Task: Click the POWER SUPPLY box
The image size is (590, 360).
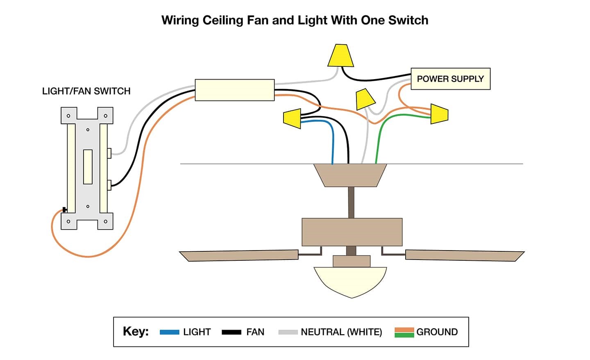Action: (450, 79)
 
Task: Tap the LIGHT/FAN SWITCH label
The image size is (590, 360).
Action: (86, 91)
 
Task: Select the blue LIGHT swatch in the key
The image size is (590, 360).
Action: (169, 332)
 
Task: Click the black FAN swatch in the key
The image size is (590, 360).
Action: (231, 332)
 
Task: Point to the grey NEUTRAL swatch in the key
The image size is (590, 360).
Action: (288, 332)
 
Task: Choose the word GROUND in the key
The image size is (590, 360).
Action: (437, 332)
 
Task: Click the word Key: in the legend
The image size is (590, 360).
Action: (136, 331)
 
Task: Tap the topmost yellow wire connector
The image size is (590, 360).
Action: (340, 56)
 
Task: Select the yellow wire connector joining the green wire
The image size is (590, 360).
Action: (439, 114)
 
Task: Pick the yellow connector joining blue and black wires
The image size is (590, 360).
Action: (292, 118)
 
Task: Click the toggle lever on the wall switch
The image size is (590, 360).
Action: (87, 167)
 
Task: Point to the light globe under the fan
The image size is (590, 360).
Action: (350, 281)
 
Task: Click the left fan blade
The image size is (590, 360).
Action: (239, 255)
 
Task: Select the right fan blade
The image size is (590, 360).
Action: (464, 255)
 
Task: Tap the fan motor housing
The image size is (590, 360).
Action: (352, 232)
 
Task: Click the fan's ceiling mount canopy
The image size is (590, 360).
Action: (350, 175)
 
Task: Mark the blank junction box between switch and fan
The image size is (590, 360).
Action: (234, 90)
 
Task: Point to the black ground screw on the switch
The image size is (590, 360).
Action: (64, 210)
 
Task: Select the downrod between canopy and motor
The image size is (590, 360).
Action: (351, 203)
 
